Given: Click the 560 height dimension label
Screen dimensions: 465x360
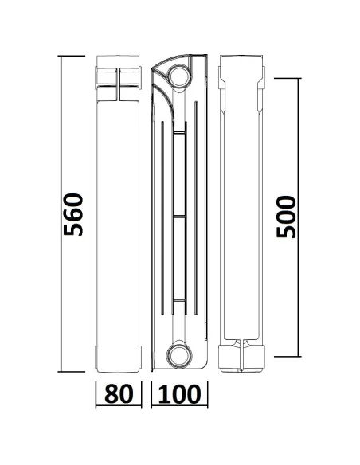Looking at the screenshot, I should (x=73, y=213).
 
